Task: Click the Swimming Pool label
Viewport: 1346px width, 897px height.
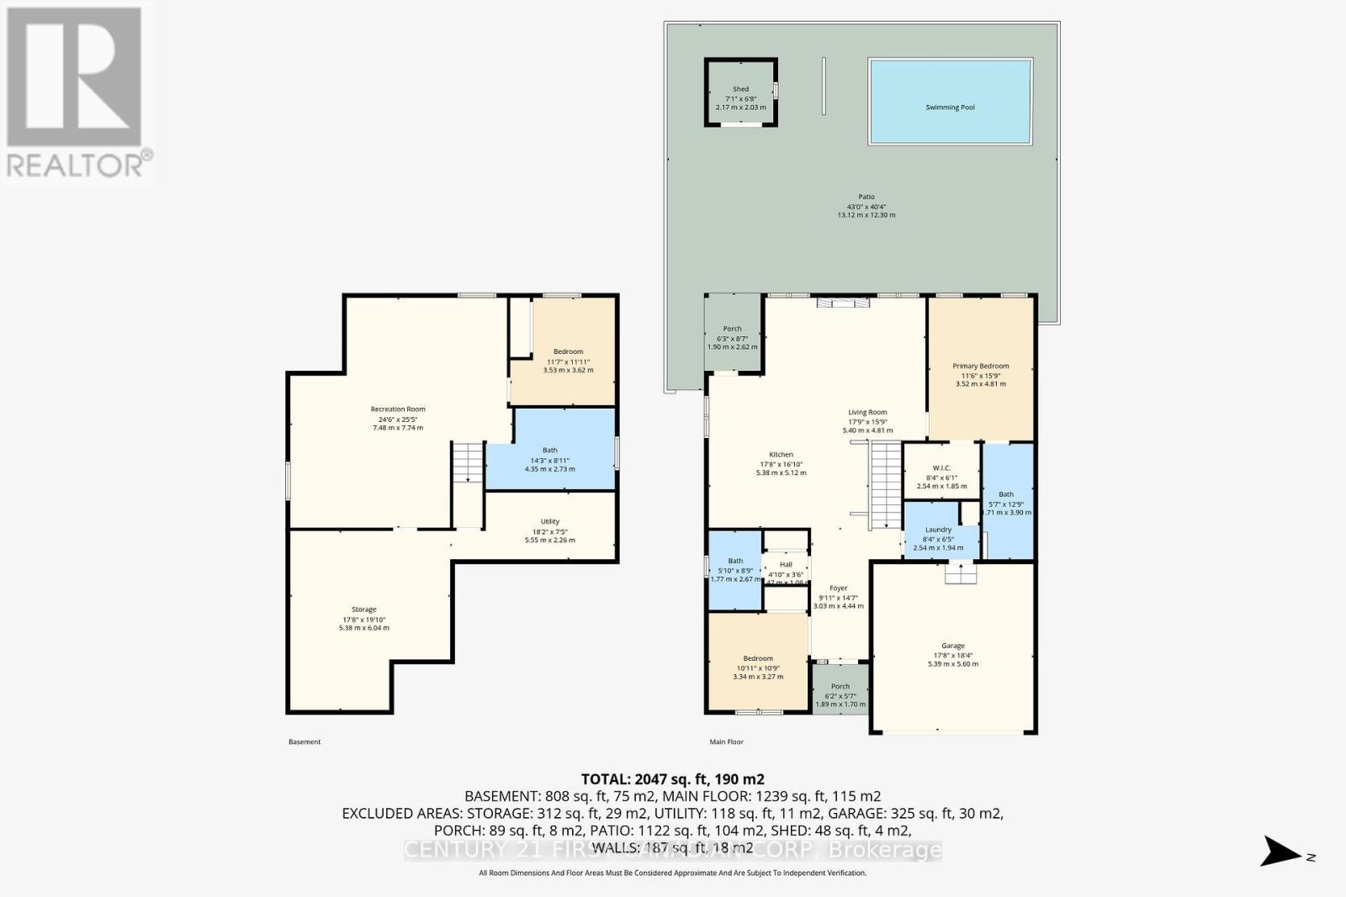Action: click(x=950, y=108)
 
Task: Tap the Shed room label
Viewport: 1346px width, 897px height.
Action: click(x=740, y=89)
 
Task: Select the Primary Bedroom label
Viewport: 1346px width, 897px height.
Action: click(x=980, y=367)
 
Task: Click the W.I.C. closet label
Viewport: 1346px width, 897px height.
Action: click(x=941, y=468)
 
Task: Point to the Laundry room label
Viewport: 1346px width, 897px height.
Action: click(x=938, y=530)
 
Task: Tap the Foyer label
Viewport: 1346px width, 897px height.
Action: click(x=838, y=588)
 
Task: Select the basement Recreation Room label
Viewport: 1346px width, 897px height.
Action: click(x=398, y=409)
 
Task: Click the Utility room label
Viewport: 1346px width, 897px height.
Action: click(x=549, y=522)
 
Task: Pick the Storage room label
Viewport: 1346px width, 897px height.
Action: click(x=363, y=609)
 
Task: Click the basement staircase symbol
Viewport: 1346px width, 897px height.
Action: click(x=468, y=462)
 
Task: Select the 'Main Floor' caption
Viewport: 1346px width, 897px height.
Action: click(x=726, y=742)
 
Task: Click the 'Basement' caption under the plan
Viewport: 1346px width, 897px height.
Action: click(x=305, y=742)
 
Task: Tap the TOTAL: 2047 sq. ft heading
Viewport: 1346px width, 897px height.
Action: click(x=672, y=779)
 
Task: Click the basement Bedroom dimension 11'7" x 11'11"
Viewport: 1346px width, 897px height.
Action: click(x=568, y=361)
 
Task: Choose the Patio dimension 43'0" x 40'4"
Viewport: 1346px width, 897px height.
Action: click(x=866, y=207)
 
